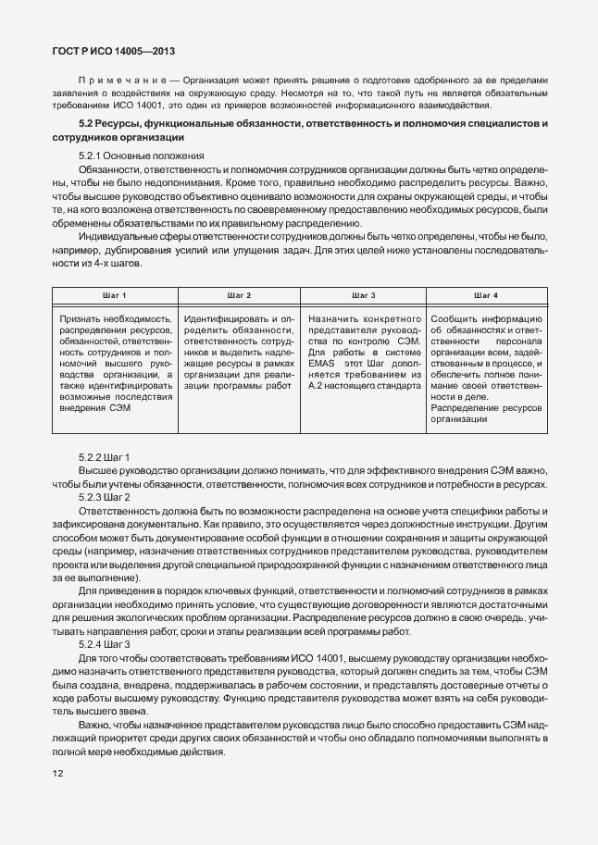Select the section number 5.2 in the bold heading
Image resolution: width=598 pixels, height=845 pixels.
pyautogui.click(x=88, y=124)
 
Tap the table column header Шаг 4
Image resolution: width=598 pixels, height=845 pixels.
pyautogui.click(x=485, y=295)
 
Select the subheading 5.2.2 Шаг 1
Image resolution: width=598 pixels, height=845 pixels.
pyautogui.click(x=105, y=458)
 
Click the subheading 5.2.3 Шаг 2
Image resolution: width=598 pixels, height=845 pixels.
pyautogui.click(x=105, y=497)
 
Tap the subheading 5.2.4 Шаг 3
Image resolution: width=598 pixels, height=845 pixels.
pyautogui.click(x=105, y=643)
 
